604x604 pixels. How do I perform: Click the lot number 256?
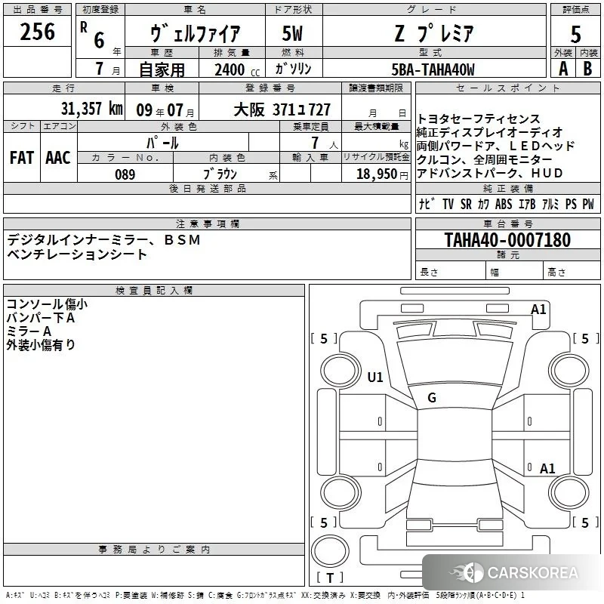click(x=37, y=32)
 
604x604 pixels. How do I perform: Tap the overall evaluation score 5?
click(x=575, y=35)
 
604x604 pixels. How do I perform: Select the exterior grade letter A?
click(x=563, y=69)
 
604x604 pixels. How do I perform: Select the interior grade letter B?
click(x=587, y=69)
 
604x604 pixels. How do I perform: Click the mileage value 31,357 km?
click(x=91, y=109)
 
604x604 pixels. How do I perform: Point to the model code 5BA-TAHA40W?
click(x=433, y=69)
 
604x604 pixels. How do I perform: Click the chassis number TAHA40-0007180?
click(x=507, y=239)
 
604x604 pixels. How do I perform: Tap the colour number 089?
click(x=125, y=174)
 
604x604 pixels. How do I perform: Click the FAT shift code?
click(x=22, y=158)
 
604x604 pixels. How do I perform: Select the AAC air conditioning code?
click(x=58, y=158)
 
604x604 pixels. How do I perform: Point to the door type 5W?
click(x=292, y=33)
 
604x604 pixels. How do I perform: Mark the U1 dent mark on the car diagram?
click(x=375, y=377)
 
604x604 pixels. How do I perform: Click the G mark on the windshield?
click(x=432, y=397)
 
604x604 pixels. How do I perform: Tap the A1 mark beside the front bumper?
click(x=538, y=310)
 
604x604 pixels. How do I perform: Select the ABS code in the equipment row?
click(x=504, y=204)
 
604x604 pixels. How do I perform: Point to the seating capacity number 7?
click(x=315, y=143)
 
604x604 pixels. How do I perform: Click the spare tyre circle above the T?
click(x=330, y=551)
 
